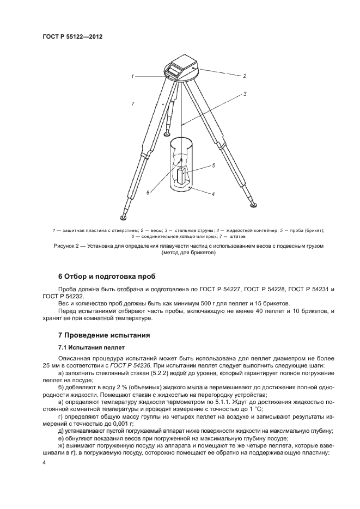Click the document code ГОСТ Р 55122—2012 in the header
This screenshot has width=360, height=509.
tap(72, 36)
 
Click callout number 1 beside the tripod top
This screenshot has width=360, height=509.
tap(132, 76)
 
